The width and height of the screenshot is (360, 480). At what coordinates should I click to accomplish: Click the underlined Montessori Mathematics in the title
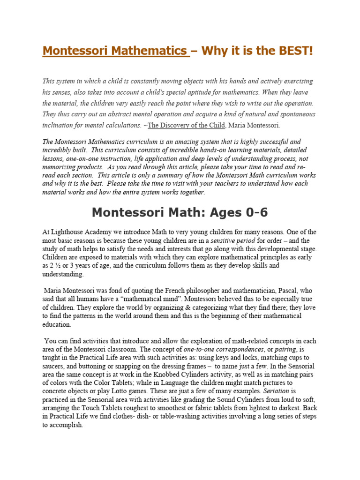pyautogui.click(x=116, y=51)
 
